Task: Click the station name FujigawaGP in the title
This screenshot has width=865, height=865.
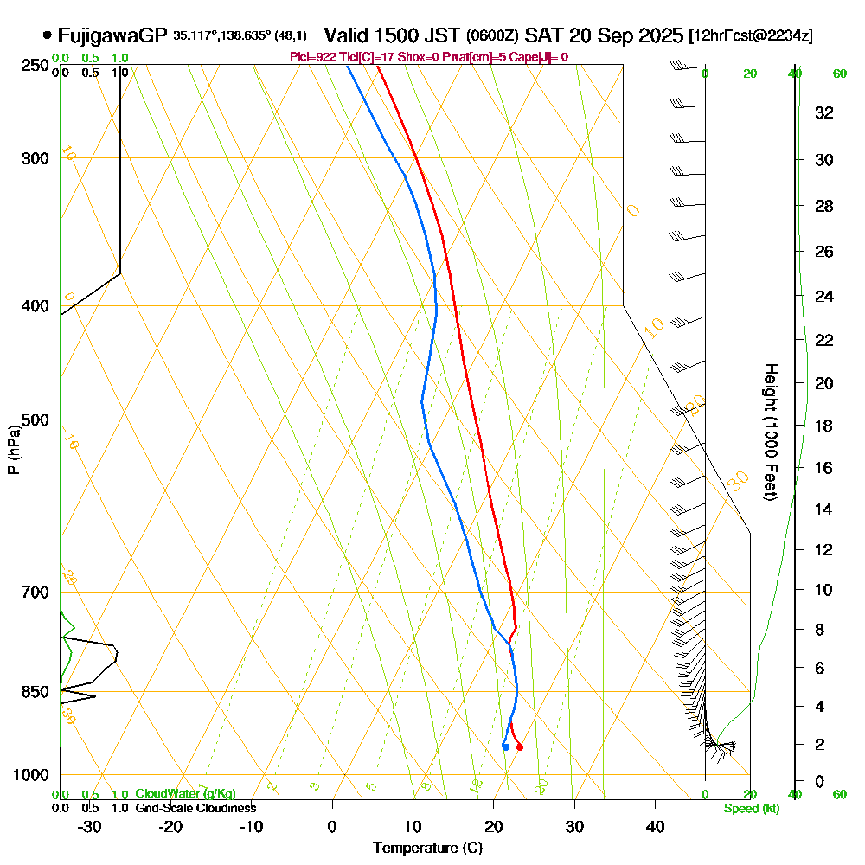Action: click(112, 35)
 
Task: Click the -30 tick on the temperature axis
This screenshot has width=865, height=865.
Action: click(90, 826)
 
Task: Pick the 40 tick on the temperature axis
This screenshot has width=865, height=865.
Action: click(655, 826)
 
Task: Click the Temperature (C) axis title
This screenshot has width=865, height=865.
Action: click(427, 848)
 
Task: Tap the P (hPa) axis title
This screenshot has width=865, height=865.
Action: click(14, 450)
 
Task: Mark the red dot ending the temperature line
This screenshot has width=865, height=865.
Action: click(519, 747)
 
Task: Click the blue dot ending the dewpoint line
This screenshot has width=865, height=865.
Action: click(505, 746)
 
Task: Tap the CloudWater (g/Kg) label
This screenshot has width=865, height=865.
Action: click(185, 794)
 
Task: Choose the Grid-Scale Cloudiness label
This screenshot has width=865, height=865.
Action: click(195, 808)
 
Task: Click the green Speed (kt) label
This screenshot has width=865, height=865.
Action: click(750, 809)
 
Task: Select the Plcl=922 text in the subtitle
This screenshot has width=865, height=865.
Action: click(312, 57)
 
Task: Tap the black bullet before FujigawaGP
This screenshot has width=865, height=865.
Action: click(46, 35)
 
